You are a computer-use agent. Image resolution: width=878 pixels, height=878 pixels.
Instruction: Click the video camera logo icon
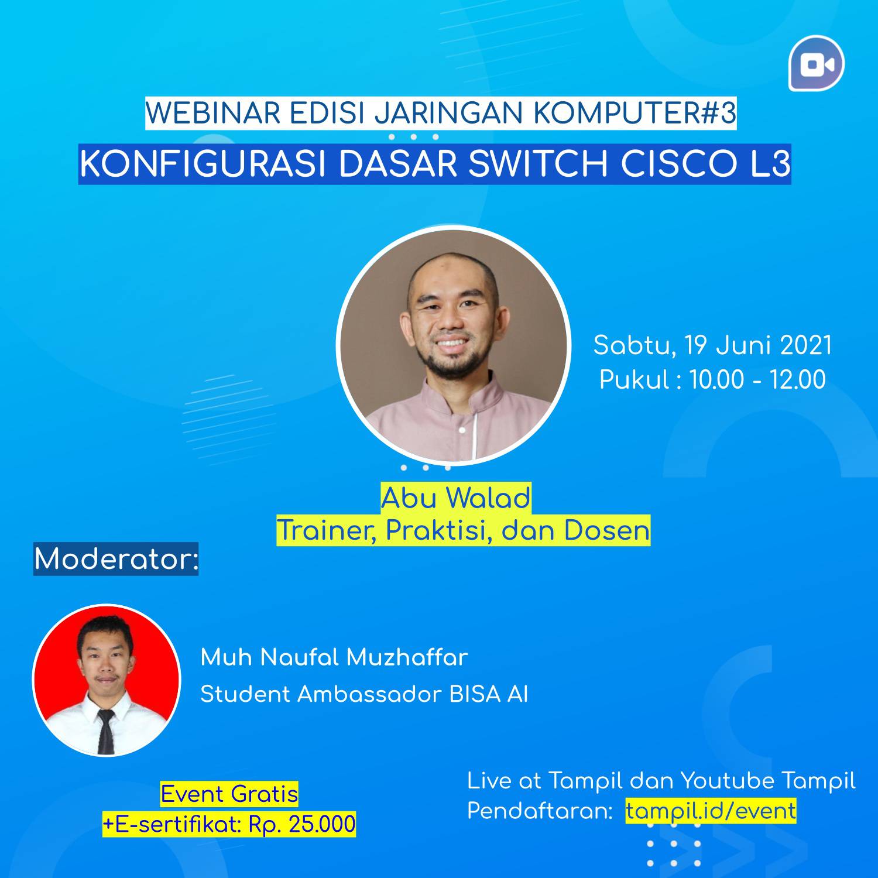817,63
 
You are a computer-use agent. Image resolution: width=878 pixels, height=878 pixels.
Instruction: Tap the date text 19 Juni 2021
758,345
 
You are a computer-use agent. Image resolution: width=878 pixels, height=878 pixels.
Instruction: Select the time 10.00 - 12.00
758,379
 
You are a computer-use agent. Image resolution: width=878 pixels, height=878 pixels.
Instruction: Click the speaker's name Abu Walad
456,498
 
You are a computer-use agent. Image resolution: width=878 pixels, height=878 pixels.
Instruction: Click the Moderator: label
116,559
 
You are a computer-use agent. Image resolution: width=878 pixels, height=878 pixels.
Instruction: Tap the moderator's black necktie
105,731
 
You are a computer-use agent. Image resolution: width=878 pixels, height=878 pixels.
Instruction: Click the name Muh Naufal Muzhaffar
334,657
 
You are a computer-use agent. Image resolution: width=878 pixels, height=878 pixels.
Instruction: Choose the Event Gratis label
229,794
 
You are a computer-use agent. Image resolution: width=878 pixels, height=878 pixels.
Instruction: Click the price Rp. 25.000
302,824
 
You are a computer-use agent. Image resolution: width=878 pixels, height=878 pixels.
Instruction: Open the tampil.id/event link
711,811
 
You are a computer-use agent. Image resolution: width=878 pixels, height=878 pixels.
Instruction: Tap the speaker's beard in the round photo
451,362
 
